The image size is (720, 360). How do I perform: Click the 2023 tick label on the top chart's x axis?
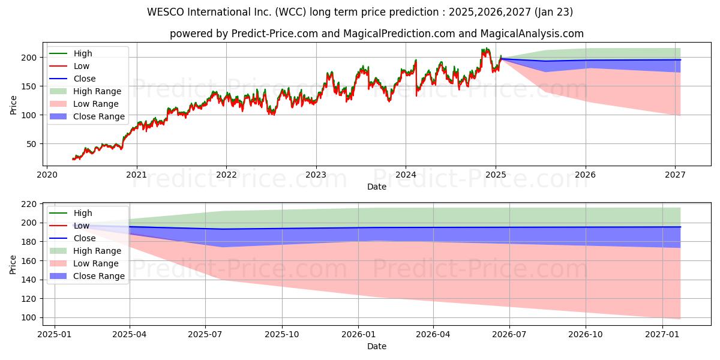click(x=316, y=175)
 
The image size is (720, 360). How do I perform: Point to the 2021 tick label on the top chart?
click(x=137, y=175)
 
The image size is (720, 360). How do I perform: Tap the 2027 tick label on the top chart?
click(x=676, y=175)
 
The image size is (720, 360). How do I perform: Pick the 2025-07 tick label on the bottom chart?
click(x=205, y=334)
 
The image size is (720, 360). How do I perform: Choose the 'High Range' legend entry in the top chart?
click(x=97, y=91)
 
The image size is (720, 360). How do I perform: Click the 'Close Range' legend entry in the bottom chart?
click(x=98, y=276)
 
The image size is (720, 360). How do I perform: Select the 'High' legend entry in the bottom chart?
click(x=83, y=213)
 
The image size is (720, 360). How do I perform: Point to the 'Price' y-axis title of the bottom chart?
click(x=13, y=264)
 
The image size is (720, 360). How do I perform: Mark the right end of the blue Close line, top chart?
click(x=680, y=59)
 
